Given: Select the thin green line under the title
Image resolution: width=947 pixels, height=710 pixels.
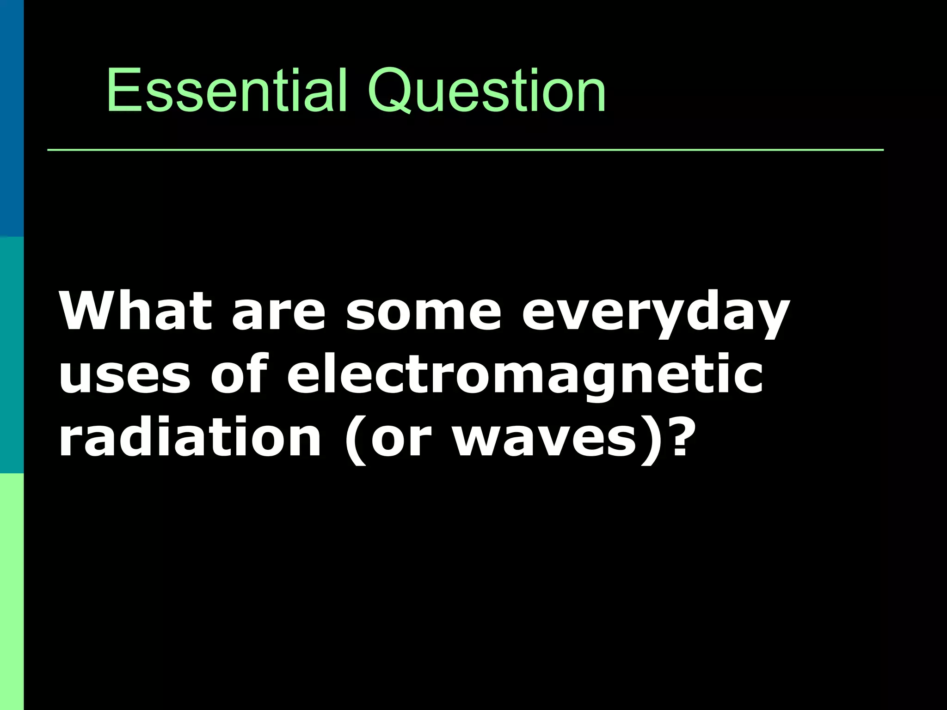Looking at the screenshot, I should tap(465, 150).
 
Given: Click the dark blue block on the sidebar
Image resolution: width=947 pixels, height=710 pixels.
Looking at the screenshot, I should tap(12, 118).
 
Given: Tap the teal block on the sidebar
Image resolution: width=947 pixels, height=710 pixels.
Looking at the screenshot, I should tap(12, 355).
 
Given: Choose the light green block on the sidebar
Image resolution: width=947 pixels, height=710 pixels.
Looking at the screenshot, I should tap(12, 592).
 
